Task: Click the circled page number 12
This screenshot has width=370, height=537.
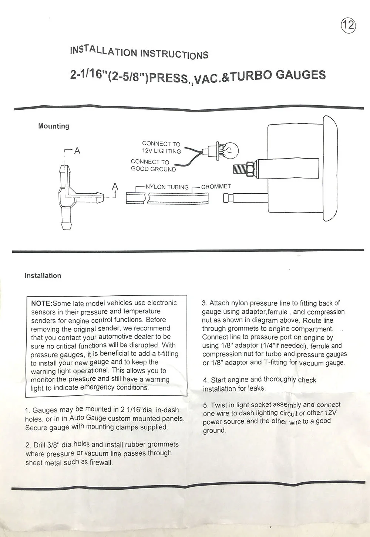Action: (x=348, y=25)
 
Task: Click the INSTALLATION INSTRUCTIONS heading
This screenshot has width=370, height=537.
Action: (x=139, y=52)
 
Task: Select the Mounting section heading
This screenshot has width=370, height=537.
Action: (x=54, y=126)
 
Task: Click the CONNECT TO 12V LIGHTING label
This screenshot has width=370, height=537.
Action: (x=161, y=147)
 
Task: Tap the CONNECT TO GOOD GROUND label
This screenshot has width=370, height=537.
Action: (x=153, y=165)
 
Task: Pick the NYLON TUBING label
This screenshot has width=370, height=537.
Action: (x=167, y=187)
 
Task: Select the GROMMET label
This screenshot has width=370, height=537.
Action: (x=216, y=186)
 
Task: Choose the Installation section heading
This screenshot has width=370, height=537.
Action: (x=43, y=275)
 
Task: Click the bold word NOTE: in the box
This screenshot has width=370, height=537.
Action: (x=41, y=303)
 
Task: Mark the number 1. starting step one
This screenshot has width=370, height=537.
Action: (x=28, y=411)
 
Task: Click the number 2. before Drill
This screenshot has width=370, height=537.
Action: (x=28, y=445)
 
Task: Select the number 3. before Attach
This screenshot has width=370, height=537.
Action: (x=204, y=303)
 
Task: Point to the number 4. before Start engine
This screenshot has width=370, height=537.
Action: (x=205, y=380)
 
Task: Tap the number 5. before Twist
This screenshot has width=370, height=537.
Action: (x=206, y=405)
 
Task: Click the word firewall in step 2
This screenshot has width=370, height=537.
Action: (x=101, y=462)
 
